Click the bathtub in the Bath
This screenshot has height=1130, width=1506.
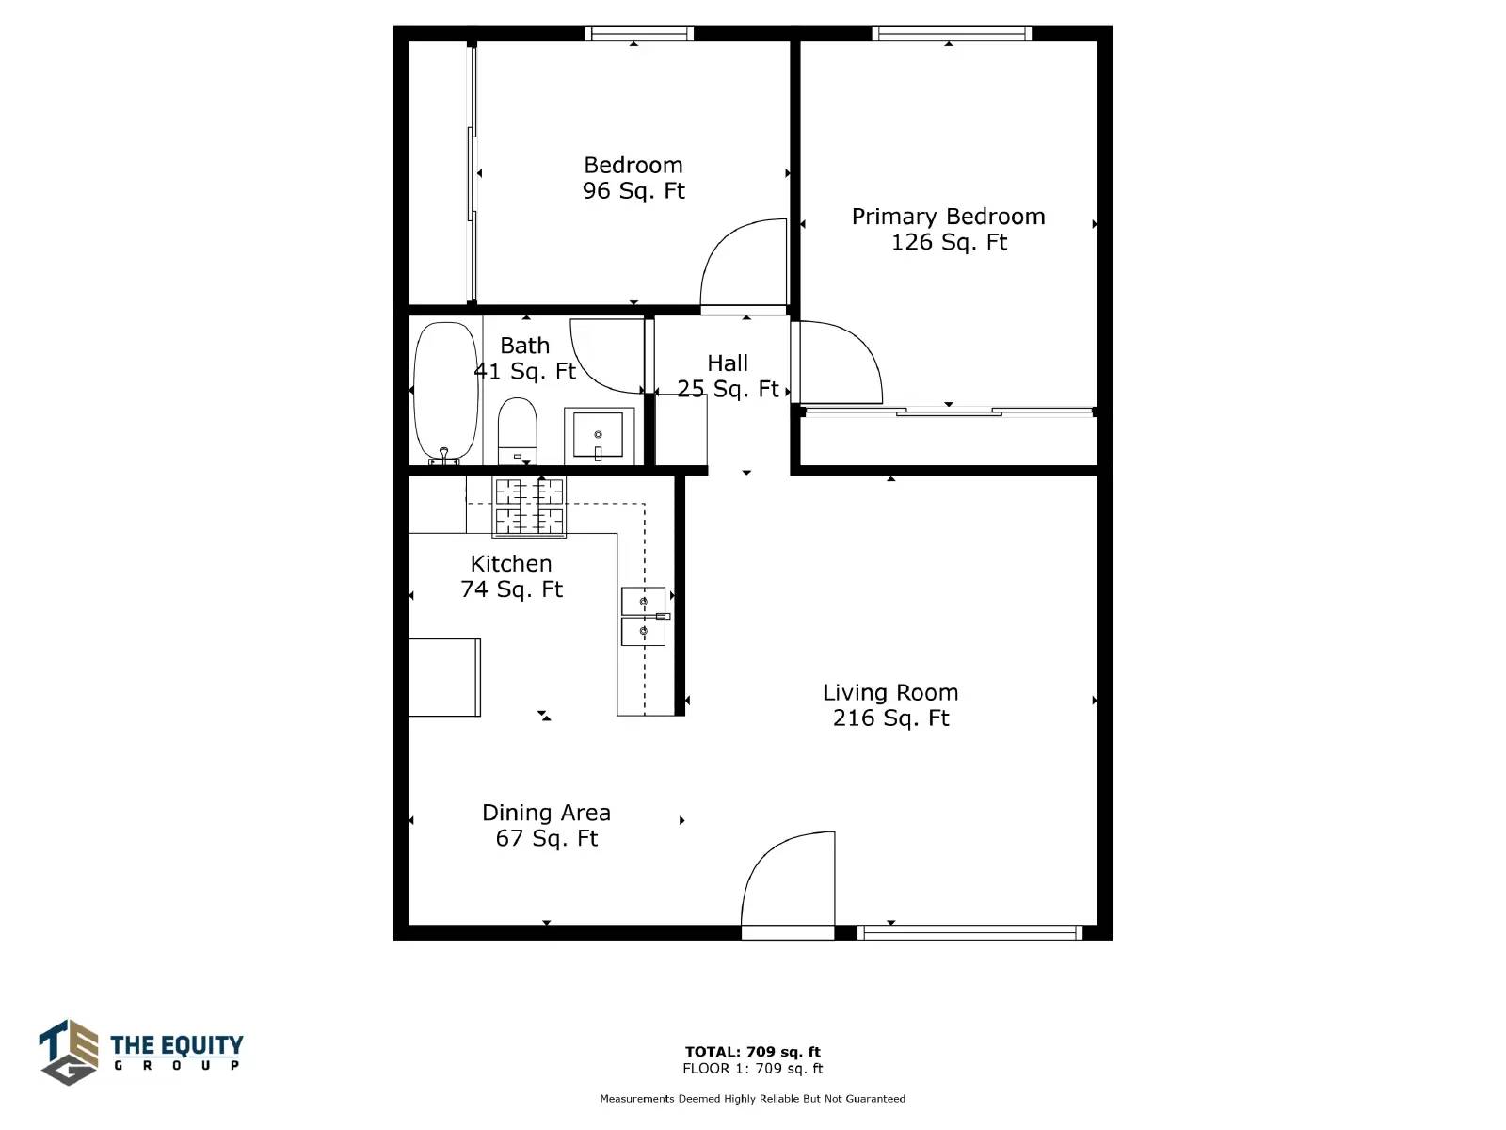pyautogui.click(x=445, y=393)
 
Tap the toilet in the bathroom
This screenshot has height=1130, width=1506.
pyautogui.click(x=517, y=431)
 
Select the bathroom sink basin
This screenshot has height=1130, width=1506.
pyautogui.click(x=598, y=434)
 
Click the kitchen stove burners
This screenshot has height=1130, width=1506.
pyautogui.click(x=529, y=507)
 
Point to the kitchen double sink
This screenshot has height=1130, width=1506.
pyautogui.click(x=644, y=616)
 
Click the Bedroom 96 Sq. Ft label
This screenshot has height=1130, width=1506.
pyautogui.click(x=633, y=178)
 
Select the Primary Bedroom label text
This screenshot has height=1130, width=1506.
pyautogui.click(x=948, y=217)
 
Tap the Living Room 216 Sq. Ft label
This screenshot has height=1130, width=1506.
pyautogui.click(x=890, y=705)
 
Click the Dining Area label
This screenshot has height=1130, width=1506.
pyautogui.click(x=546, y=813)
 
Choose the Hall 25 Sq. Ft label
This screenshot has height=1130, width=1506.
pyautogui.click(x=728, y=376)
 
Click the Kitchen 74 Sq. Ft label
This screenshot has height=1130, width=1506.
pyautogui.click(x=511, y=576)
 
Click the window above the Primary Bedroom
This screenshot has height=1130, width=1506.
pyautogui.click(x=952, y=34)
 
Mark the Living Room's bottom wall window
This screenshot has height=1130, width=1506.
pyautogui.click(x=969, y=932)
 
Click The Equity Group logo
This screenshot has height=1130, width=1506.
pyautogui.click(x=140, y=1052)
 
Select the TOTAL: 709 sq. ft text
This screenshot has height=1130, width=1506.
pyautogui.click(x=753, y=1051)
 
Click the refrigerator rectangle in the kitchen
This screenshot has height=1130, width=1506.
pyautogui.click(x=444, y=677)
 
